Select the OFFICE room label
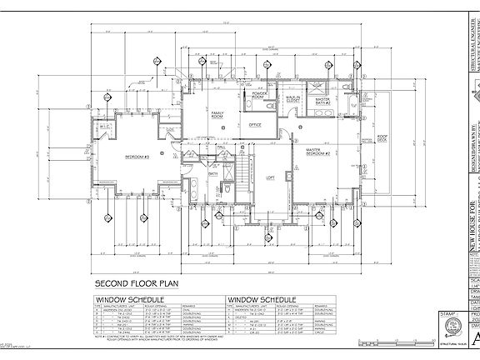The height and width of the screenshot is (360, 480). coord(255,125)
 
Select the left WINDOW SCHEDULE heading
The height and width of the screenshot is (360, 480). coord(130,297)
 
